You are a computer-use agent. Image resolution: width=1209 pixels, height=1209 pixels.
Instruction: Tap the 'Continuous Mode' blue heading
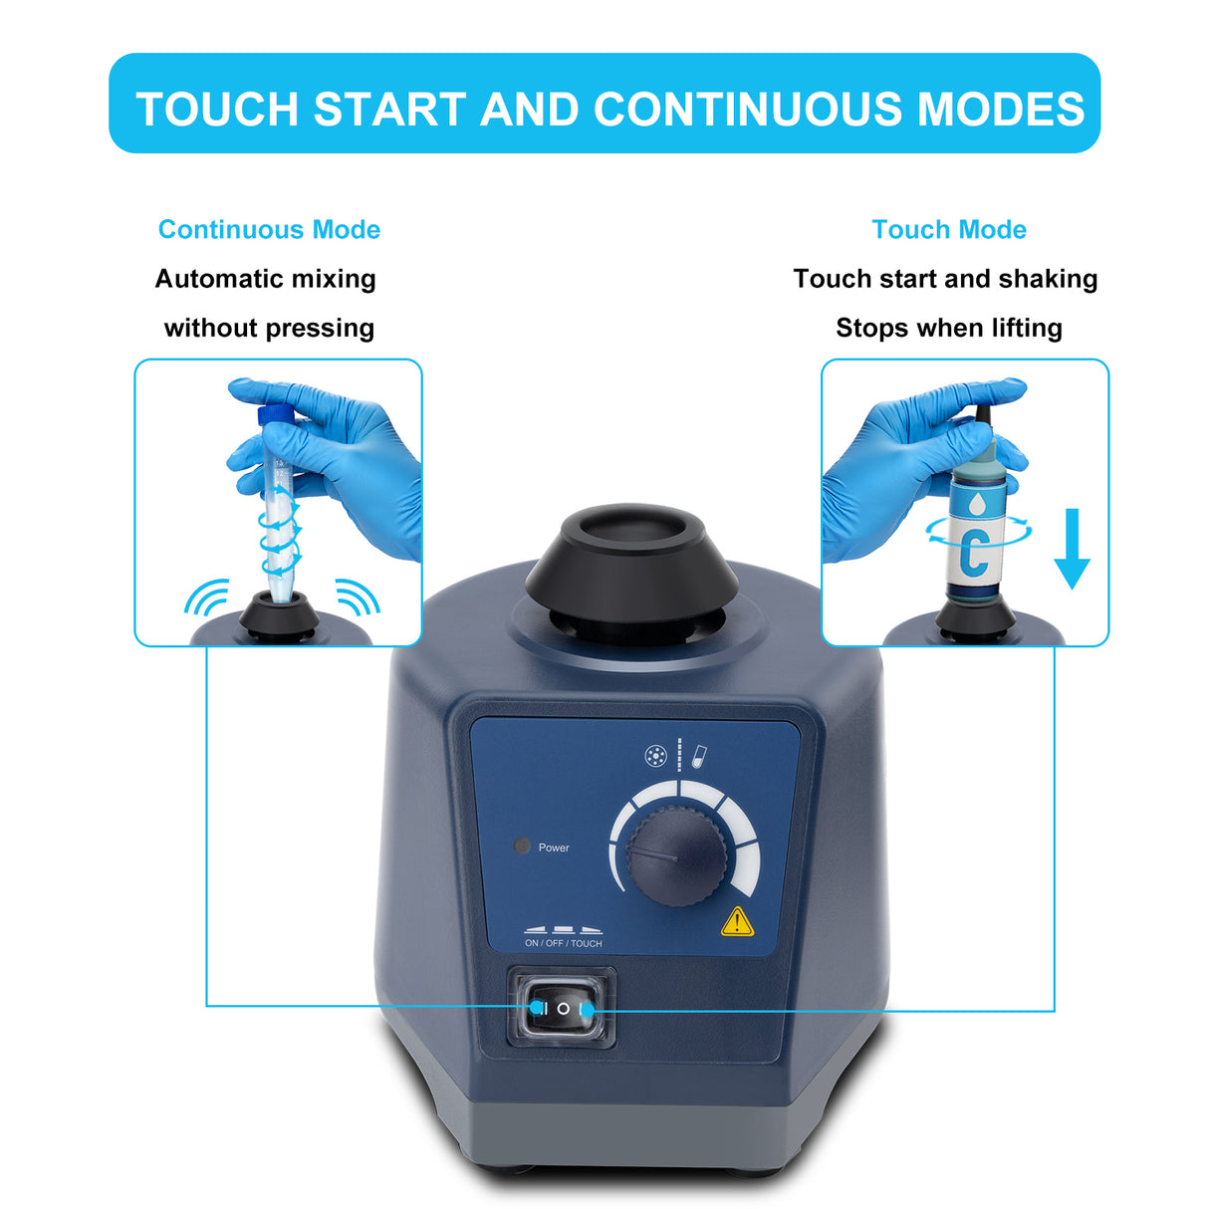tap(269, 229)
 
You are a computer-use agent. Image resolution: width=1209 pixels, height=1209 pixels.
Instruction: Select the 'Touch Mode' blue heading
tap(949, 229)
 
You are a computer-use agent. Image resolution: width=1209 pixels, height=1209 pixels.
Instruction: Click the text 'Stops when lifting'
tap(949, 328)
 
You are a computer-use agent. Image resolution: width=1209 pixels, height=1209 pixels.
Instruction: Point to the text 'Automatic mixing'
tap(265, 279)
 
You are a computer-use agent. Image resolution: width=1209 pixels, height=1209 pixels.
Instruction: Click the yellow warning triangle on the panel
tap(736, 922)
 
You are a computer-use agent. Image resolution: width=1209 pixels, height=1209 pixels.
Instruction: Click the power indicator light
tap(521, 846)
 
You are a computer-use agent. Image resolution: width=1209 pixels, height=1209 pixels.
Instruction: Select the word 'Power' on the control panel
tap(554, 847)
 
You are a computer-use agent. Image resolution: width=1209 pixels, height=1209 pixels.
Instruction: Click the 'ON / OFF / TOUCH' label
tap(563, 943)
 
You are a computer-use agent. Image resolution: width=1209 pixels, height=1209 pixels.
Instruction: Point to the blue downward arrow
tap(1072, 549)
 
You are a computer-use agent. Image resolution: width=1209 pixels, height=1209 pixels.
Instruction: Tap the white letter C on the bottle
tap(975, 554)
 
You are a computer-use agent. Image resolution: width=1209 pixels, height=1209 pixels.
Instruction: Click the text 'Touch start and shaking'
tap(945, 279)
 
